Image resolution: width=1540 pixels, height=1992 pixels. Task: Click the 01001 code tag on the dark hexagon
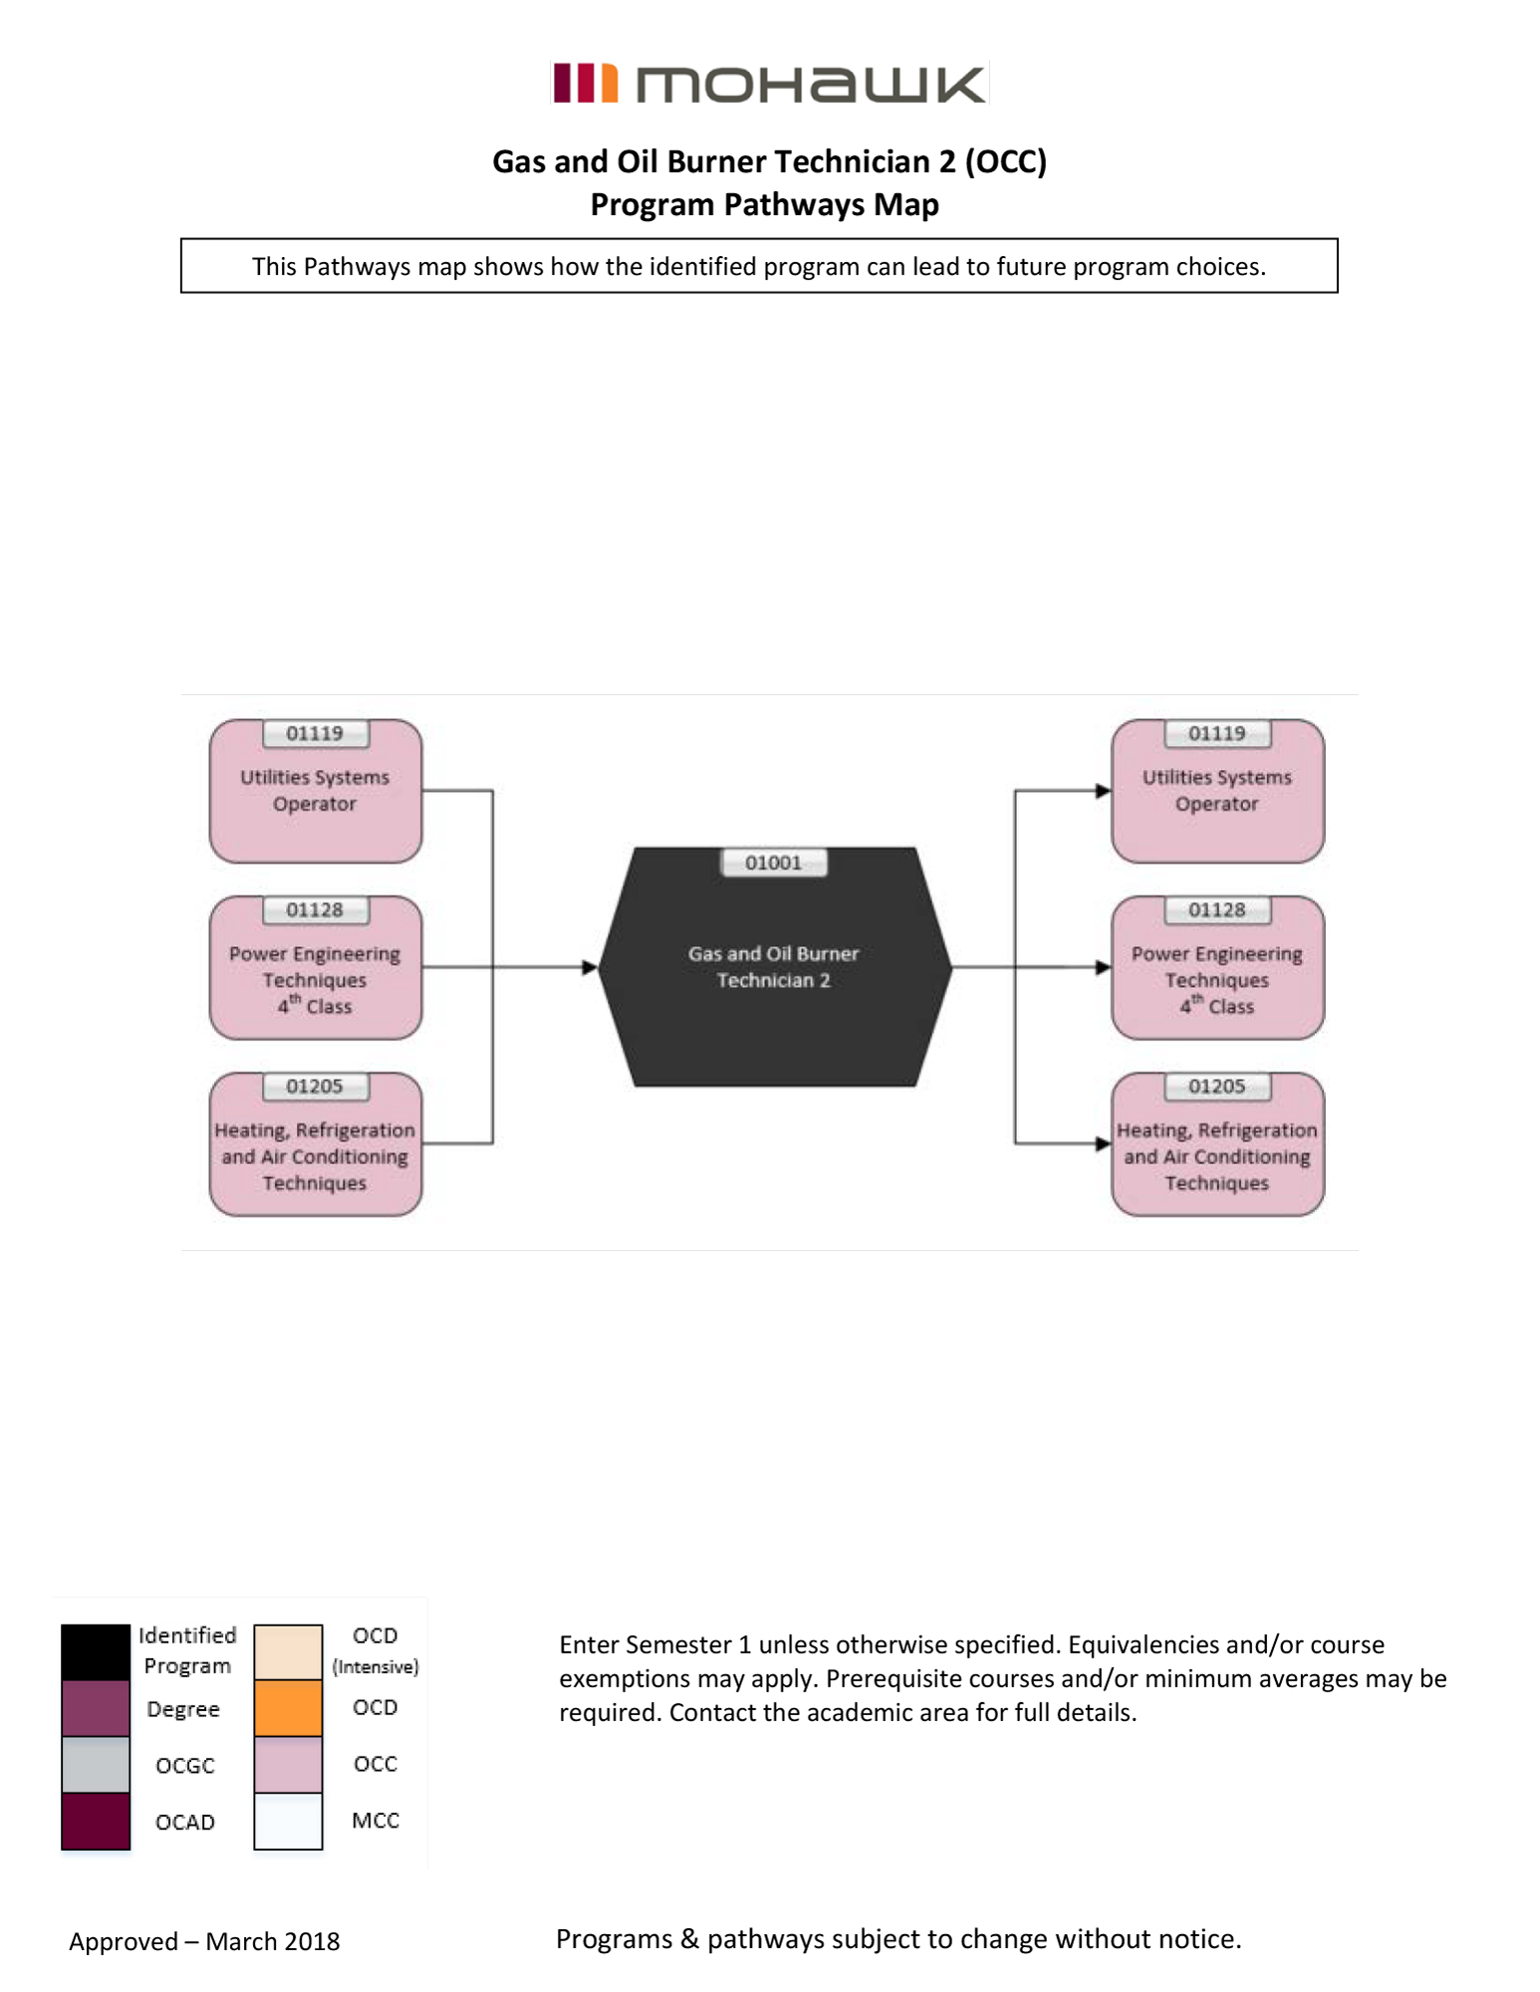coord(773,863)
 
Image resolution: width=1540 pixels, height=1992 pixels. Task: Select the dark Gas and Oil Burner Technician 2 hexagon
coord(774,1006)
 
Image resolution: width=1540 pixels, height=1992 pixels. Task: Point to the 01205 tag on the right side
coord(1217,1087)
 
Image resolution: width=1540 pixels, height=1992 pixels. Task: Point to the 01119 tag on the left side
coord(315,734)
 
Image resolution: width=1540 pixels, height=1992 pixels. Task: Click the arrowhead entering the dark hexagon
coord(590,967)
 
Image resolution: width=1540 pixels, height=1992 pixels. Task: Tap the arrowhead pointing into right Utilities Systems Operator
coord(1103,791)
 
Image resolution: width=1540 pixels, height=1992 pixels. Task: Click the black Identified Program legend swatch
coord(96,1651)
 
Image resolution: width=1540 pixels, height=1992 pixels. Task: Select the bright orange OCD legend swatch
coord(288,1708)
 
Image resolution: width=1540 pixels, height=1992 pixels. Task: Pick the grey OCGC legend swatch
coord(96,1764)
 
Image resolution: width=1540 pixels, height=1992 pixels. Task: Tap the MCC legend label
coord(376,1821)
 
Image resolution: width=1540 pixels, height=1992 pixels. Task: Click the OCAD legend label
coord(185,1823)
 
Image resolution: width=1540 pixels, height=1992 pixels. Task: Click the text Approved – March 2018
coord(204,1941)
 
